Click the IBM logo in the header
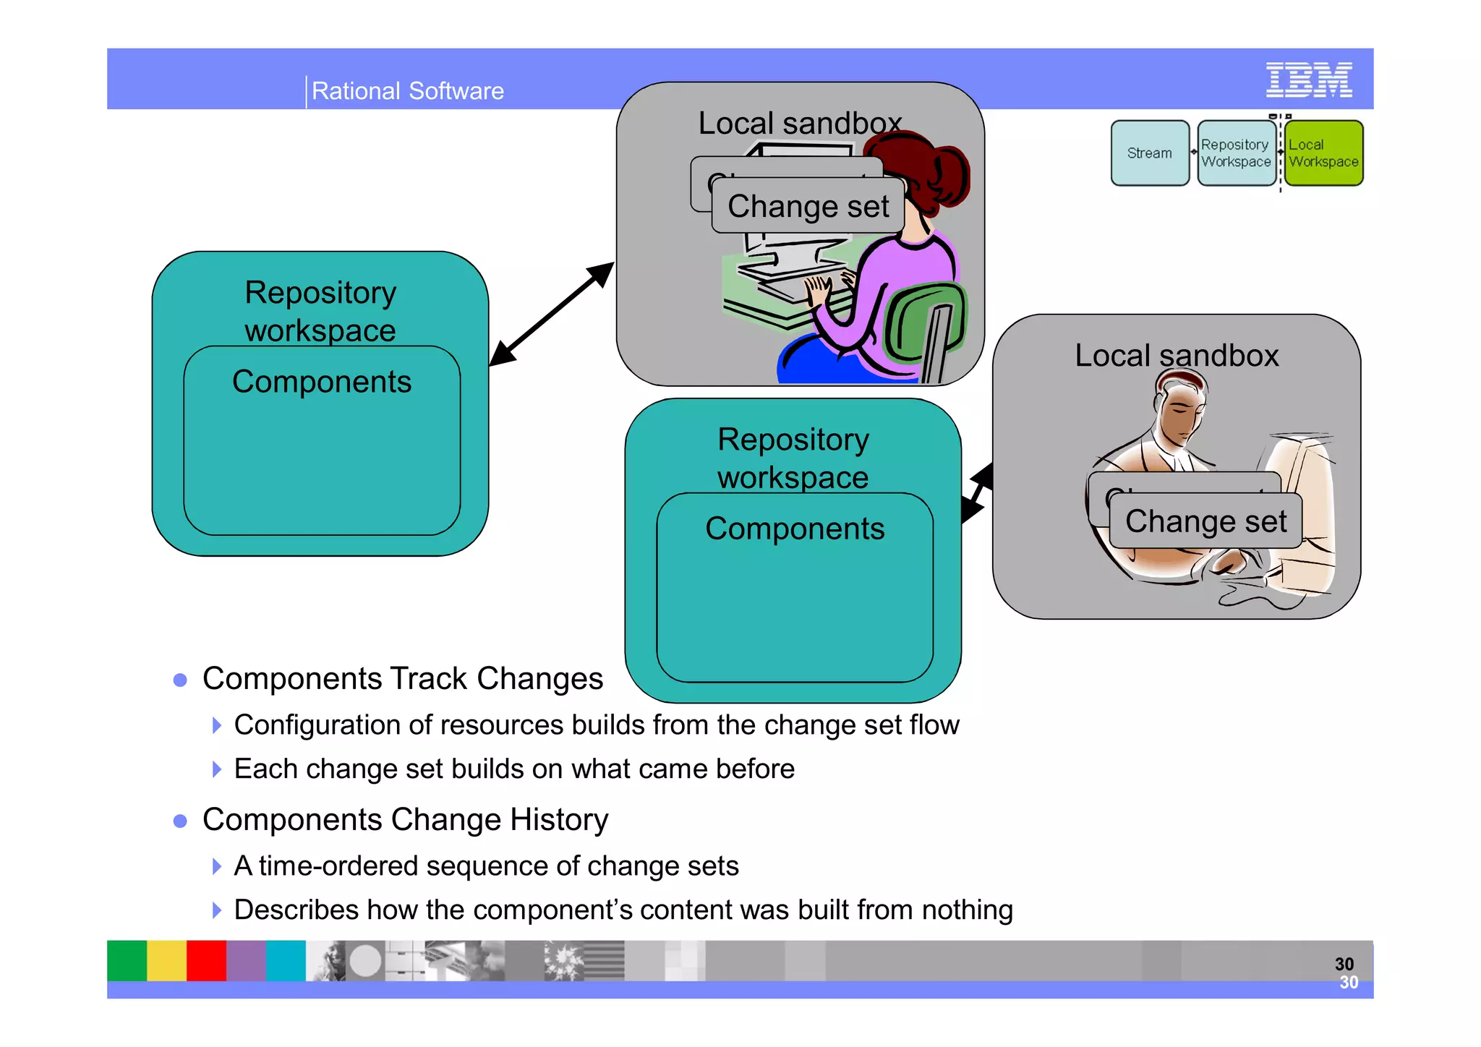[x=1308, y=80]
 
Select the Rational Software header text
[x=407, y=91]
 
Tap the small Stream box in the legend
[x=1149, y=153]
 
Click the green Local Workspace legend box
[x=1323, y=153]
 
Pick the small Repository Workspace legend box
[x=1236, y=153]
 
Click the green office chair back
[x=923, y=322]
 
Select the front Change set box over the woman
[x=808, y=207]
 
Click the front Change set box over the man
[x=1205, y=521]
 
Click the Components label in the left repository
[x=322, y=382]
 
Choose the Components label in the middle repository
[x=795, y=529]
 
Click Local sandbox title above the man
[x=1177, y=356]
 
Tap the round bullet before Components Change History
[x=181, y=821]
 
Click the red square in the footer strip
[x=206, y=960]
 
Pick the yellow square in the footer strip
[x=166, y=960]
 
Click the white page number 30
[x=1349, y=983]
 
